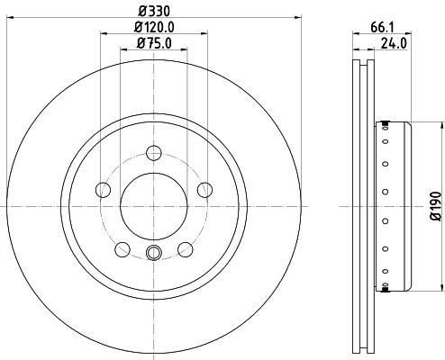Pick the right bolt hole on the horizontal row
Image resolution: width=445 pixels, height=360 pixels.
tap(204, 190)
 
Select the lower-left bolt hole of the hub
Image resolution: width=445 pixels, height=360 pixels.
tap(122, 249)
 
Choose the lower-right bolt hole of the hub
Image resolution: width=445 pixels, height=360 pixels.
tap(185, 249)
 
